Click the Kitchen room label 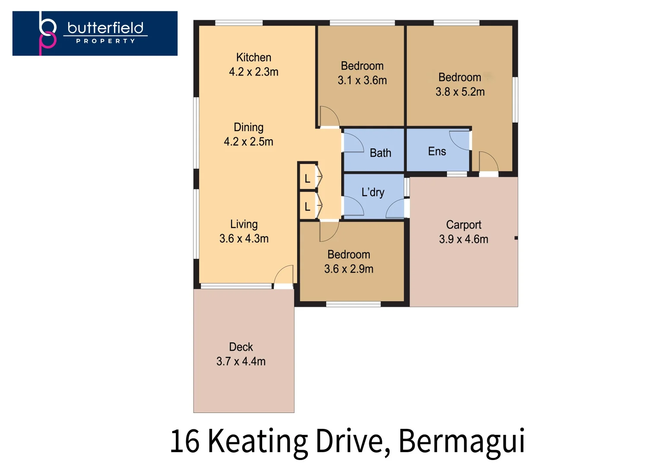(x=254, y=57)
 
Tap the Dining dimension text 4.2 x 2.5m (x=248, y=142)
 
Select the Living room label (x=244, y=224)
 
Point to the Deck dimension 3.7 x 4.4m (x=241, y=362)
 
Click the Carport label (x=463, y=225)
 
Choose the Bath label (x=380, y=153)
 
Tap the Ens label (x=437, y=151)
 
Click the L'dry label (x=373, y=192)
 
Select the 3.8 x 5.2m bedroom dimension (x=460, y=92)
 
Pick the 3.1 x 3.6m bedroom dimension (x=362, y=80)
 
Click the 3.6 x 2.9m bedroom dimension (x=349, y=269)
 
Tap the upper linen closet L (x=308, y=179)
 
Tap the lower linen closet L (x=308, y=206)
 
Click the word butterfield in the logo (x=105, y=28)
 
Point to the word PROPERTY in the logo (x=105, y=41)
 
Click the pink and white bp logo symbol (x=47, y=33)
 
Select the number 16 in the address (x=184, y=442)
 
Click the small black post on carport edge (x=516, y=238)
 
